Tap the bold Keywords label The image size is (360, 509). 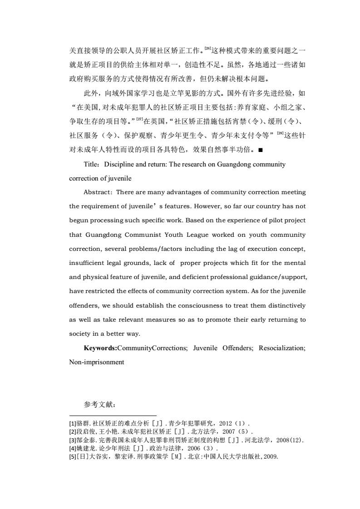coord(100,348)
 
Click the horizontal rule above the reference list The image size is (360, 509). coord(113,415)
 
